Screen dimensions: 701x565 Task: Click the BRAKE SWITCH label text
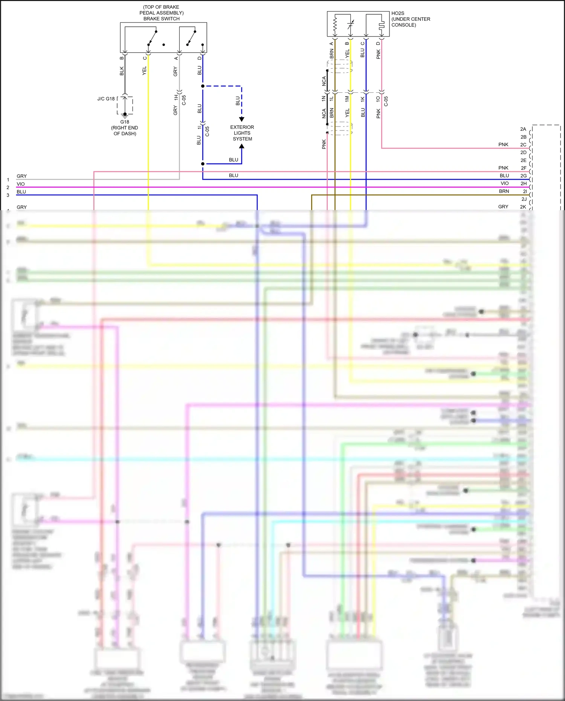[161, 19]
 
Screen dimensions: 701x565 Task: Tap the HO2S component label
[397, 13]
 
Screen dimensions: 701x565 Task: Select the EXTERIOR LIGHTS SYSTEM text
[242, 133]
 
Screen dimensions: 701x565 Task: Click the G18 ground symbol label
[125, 122]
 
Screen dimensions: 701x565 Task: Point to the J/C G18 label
[106, 99]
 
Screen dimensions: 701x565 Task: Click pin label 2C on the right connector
[523, 145]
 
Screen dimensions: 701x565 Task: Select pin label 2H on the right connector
[524, 183]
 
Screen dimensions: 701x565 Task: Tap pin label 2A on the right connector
[523, 129]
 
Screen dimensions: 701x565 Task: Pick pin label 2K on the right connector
[523, 207]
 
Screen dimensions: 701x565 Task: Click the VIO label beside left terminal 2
[21, 184]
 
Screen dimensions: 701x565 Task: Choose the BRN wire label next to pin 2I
[504, 191]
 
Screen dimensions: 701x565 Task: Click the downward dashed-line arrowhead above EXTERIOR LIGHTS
[242, 119]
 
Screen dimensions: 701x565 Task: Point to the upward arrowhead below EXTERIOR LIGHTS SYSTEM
[242, 146]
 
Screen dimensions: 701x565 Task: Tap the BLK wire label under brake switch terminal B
[122, 71]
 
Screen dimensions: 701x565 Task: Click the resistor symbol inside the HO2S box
[335, 25]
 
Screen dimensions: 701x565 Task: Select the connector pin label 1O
[378, 99]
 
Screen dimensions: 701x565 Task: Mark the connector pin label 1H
[176, 97]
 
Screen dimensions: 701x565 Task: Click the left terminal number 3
[8, 195]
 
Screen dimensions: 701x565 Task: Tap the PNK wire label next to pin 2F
[503, 168]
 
